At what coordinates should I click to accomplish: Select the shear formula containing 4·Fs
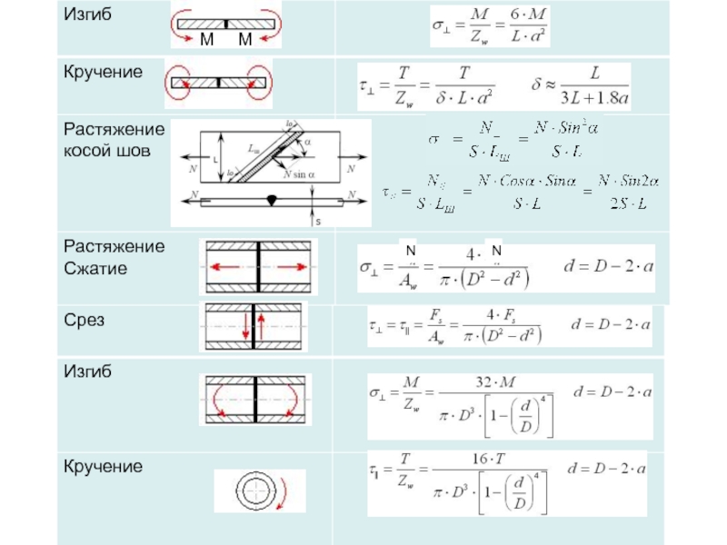[x=453, y=330]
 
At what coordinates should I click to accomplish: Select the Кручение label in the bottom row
[x=103, y=467]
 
